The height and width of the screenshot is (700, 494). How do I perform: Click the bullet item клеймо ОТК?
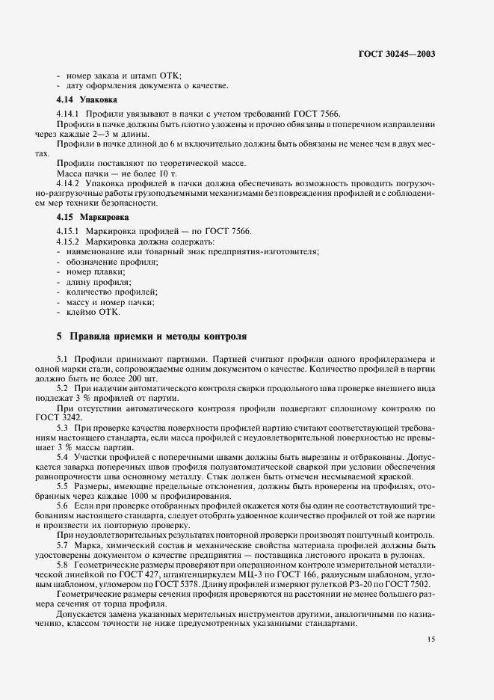[89, 312]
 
